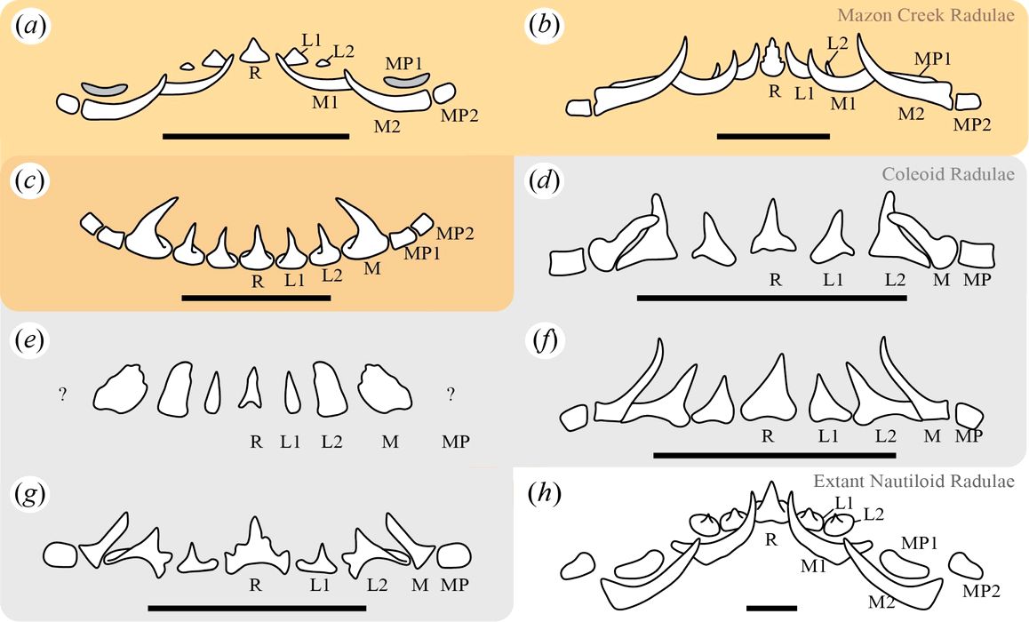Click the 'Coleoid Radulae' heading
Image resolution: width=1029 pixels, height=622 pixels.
(x=947, y=173)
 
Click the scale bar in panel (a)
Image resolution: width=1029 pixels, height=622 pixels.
(x=256, y=136)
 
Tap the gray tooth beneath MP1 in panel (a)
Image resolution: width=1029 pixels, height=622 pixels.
(x=407, y=83)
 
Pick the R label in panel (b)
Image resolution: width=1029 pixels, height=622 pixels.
(x=774, y=91)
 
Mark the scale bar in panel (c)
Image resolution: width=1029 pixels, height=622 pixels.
(x=256, y=298)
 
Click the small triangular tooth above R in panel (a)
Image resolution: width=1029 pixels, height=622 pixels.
(x=254, y=51)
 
